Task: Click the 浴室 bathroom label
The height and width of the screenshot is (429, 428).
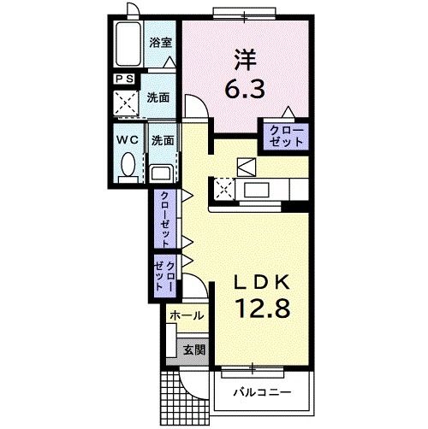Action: (x=161, y=43)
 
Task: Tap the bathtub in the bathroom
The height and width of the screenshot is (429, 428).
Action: (x=128, y=44)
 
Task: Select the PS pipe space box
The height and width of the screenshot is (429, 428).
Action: (x=125, y=79)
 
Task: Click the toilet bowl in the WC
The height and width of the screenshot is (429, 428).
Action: (x=128, y=165)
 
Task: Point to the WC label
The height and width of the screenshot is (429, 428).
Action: (x=128, y=139)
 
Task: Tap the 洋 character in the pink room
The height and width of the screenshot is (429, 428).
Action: (x=246, y=60)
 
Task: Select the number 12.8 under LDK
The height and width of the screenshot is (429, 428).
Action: (x=262, y=308)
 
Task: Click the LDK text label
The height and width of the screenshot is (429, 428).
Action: (x=262, y=283)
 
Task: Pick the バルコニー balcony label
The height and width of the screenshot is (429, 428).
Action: (x=262, y=392)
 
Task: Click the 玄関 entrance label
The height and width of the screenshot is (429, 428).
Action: (x=193, y=350)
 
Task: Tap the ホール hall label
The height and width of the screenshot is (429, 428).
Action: (x=187, y=315)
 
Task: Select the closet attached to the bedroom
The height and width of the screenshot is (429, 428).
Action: (x=286, y=137)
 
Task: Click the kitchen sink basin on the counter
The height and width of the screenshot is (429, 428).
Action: (x=257, y=190)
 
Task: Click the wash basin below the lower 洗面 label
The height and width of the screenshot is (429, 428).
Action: (x=161, y=173)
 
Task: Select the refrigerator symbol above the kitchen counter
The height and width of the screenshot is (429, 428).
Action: (x=247, y=167)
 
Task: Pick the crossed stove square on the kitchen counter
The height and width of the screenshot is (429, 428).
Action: (x=224, y=189)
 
